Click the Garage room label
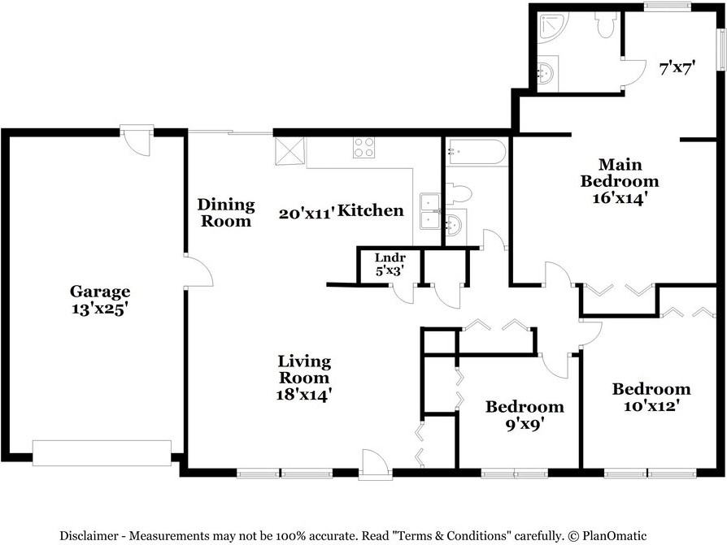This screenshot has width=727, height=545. point(100,292)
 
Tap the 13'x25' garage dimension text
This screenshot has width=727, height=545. point(99,309)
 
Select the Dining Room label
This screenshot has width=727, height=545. point(226,213)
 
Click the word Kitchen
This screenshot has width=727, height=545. point(371,210)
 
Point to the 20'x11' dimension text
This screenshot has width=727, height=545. point(307,214)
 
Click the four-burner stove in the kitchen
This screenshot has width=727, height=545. point(363,148)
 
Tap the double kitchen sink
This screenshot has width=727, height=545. point(430,211)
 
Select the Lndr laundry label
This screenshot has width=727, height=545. point(390,257)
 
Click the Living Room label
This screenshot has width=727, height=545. point(304,370)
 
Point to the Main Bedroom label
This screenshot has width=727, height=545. point(620,173)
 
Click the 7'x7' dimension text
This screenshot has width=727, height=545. point(676,68)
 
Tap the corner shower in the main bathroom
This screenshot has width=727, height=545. point(551,28)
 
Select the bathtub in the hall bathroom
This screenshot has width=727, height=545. point(475,152)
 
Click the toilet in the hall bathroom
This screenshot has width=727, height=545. point(459,193)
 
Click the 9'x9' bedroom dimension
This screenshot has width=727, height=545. point(525,424)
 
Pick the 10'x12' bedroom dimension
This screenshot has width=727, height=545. point(651,406)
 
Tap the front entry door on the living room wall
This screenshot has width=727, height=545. point(375,464)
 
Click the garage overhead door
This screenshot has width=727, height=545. point(102,453)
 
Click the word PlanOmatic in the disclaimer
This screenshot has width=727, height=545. point(614,536)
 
